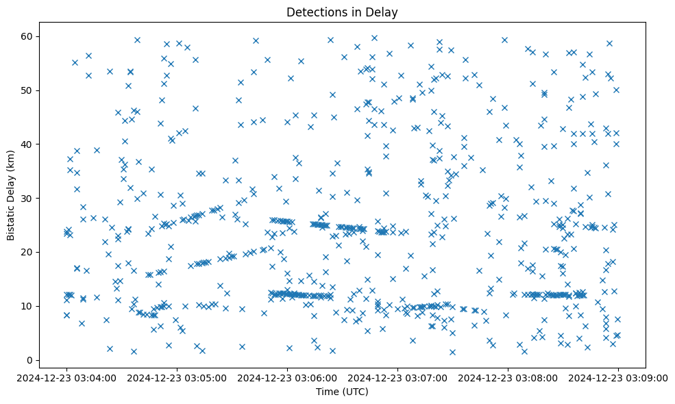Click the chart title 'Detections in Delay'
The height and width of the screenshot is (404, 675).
(342, 12)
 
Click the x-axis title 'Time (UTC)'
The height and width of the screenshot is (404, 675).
(342, 392)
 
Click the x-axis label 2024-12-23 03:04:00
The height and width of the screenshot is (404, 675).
(66, 377)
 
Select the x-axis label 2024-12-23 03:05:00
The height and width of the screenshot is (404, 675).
(177, 377)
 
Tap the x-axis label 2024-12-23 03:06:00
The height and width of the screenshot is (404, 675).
(287, 377)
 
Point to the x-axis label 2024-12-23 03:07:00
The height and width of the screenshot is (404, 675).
(397, 377)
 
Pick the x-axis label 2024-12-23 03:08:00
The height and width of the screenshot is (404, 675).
(508, 377)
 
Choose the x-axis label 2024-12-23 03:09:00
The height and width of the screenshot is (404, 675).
(618, 377)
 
